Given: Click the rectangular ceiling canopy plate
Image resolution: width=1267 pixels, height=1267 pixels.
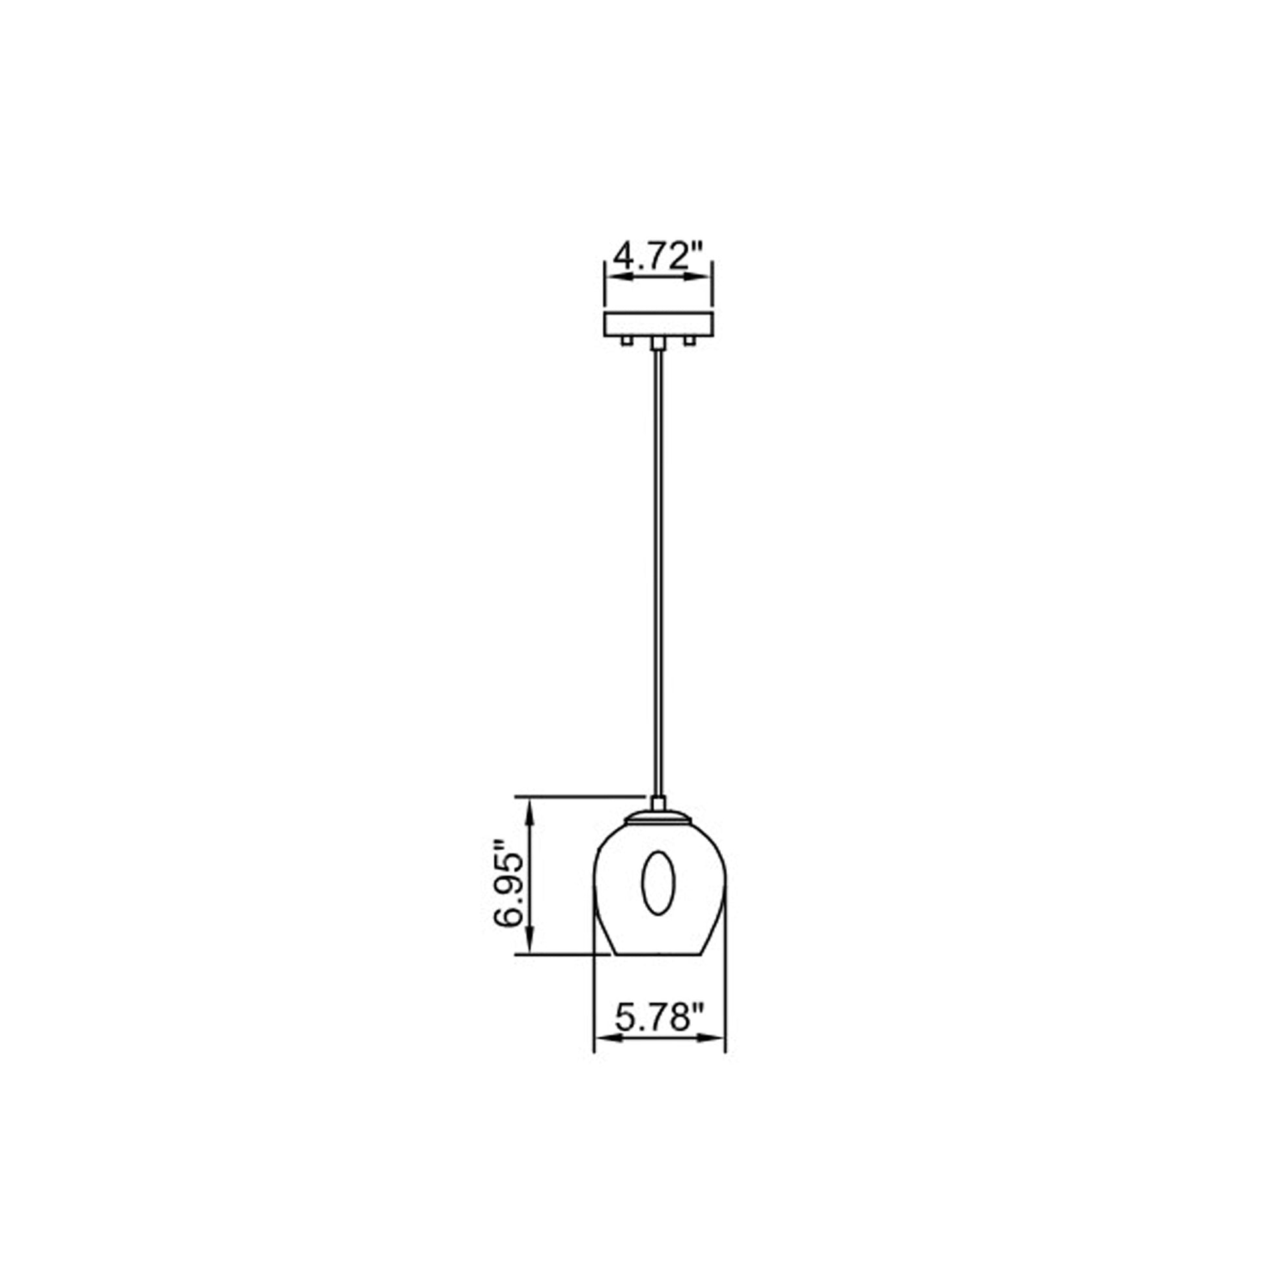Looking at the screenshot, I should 658,325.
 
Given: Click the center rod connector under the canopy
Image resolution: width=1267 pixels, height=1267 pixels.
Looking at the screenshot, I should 658,343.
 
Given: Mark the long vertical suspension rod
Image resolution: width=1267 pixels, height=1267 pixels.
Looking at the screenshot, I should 658,557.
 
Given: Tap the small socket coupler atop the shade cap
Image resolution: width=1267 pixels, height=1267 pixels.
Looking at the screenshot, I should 658,803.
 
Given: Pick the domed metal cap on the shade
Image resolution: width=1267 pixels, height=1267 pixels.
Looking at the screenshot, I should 658,817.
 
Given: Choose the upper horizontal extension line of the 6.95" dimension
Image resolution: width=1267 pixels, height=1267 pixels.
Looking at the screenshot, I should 577,796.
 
